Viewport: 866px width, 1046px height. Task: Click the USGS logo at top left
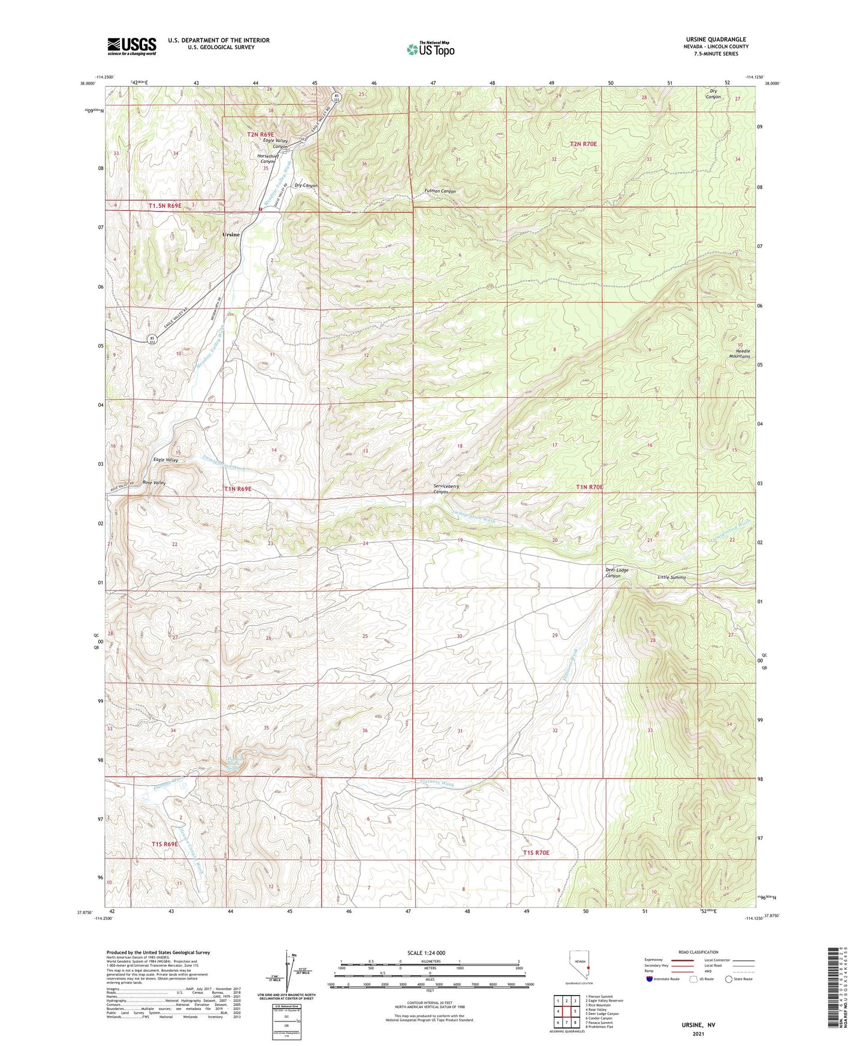click(131, 46)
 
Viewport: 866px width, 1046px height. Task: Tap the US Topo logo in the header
click(430, 49)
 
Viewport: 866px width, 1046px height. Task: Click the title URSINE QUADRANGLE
click(716, 40)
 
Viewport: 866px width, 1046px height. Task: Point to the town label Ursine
click(231, 234)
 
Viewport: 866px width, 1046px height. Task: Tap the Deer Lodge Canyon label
click(617, 573)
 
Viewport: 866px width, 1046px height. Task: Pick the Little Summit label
click(671, 578)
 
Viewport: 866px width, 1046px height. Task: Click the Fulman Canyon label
click(440, 191)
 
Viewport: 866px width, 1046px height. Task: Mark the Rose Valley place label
click(154, 482)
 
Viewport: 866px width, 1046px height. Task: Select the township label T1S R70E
click(536, 852)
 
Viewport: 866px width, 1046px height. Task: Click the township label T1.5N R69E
click(165, 205)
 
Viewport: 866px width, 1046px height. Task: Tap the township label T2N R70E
click(583, 144)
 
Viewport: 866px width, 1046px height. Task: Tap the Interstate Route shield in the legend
click(650, 979)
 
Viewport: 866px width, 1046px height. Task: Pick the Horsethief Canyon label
click(267, 159)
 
